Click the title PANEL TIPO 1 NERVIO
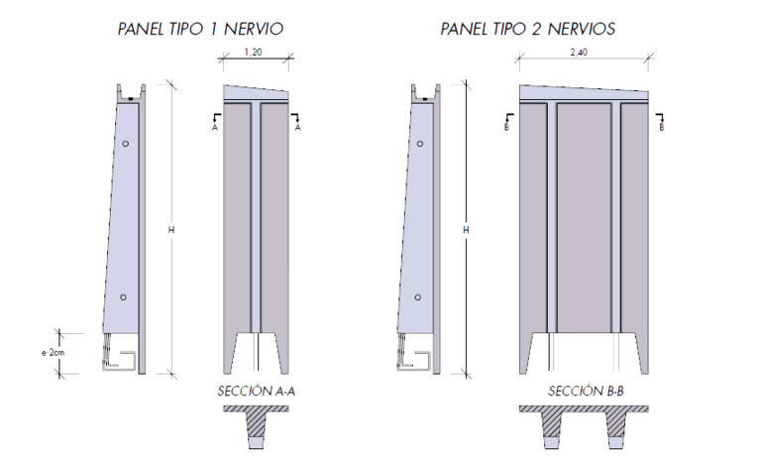[x=200, y=29]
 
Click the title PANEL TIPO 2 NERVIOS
[x=527, y=29]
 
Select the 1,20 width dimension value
[x=254, y=52]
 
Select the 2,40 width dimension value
[x=579, y=52]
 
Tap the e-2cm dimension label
[x=53, y=353]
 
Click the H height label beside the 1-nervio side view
[x=170, y=230]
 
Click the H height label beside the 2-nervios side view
[x=466, y=230]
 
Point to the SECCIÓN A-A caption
[x=256, y=391]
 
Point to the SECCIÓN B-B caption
[x=586, y=391]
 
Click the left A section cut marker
[x=215, y=122]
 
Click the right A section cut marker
[x=296, y=122]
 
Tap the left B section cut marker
[x=508, y=122]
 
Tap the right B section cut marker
[x=660, y=122]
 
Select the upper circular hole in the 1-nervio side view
[x=126, y=144]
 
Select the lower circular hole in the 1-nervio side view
[x=123, y=297]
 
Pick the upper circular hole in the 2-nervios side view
[x=420, y=144]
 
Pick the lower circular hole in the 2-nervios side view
[x=418, y=297]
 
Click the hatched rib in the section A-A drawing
[x=257, y=424]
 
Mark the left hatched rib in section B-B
[x=551, y=424]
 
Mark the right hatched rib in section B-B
[x=617, y=424]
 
